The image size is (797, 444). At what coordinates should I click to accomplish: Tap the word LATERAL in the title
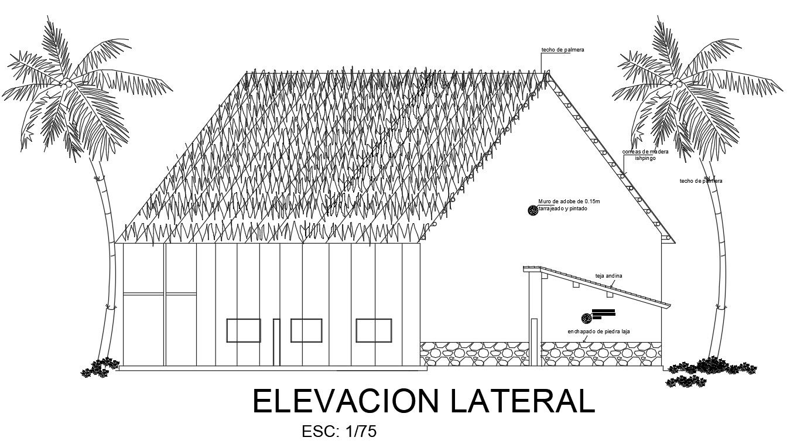click(523, 402)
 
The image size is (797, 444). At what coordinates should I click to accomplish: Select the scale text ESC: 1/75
click(338, 432)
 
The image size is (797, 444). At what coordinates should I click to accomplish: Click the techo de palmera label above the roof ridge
click(562, 50)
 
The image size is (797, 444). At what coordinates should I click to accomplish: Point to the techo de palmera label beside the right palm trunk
click(700, 181)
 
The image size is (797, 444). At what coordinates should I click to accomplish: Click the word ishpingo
click(645, 158)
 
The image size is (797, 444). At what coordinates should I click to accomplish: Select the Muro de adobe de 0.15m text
click(569, 201)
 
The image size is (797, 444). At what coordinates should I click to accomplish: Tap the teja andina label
click(608, 275)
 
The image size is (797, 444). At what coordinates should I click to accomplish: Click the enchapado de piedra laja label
click(598, 332)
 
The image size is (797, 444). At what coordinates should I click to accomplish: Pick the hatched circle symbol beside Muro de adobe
click(533, 210)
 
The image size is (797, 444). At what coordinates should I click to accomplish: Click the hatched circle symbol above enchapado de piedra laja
click(586, 318)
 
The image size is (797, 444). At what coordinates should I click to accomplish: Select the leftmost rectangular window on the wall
click(244, 330)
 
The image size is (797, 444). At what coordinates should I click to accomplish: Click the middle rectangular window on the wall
click(306, 330)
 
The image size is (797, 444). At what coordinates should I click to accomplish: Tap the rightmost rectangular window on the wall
click(374, 330)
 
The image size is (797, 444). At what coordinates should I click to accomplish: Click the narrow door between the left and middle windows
click(276, 342)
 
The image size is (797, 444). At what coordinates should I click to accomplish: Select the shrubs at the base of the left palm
click(98, 367)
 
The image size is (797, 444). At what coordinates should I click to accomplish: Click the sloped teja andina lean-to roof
click(603, 287)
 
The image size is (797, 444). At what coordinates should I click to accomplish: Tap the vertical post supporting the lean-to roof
click(533, 316)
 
